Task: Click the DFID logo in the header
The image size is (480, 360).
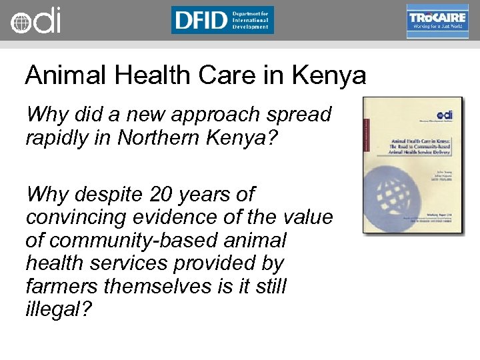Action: tap(222, 20)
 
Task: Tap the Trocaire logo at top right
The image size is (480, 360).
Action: tap(437, 21)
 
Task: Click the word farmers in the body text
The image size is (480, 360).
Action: tap(63, 286)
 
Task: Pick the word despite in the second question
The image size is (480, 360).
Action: tap(109, 195)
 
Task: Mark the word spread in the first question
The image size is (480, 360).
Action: tap(299, 115)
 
